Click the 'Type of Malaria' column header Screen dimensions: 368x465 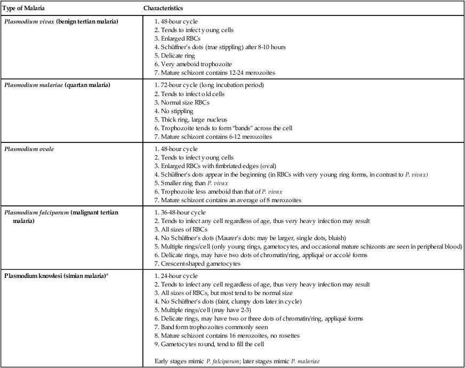[23, 9]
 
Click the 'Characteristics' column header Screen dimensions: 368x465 [164, 9]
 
